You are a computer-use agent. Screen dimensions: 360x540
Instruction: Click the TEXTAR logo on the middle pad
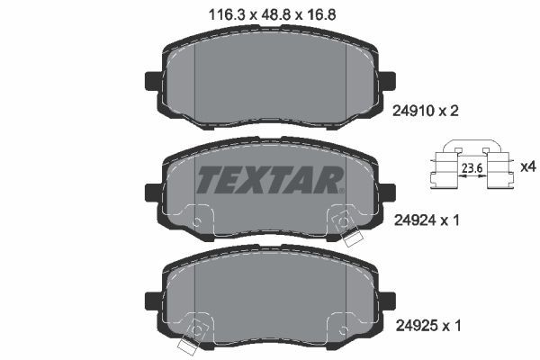click(x=270, y=180)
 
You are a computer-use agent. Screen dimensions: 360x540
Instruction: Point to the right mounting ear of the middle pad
click(x=387, y=191)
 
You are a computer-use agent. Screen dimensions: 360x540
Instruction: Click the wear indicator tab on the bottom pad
click(x=190, y=343)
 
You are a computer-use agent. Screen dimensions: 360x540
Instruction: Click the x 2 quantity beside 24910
click(x=454, y=112)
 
